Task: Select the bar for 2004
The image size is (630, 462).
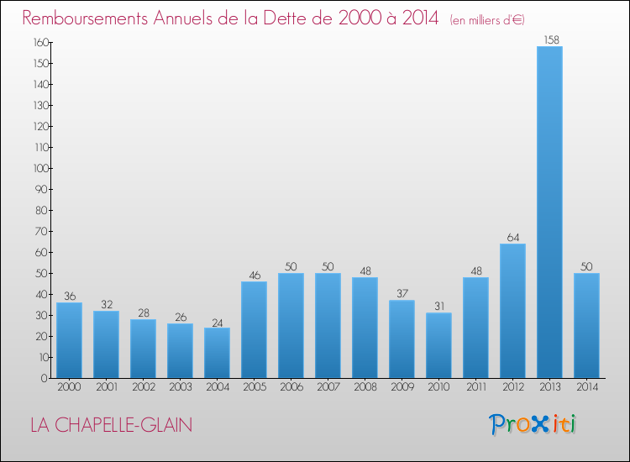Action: (x=217, y=353)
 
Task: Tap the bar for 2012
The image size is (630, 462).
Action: (x=512, y=311)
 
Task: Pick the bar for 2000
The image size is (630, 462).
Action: (x=69, y=340)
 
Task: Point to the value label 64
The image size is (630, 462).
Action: (x=512, y=237)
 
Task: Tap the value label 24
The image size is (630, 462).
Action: (x=217, y=321)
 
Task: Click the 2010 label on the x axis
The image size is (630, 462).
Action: (x=438, y=386)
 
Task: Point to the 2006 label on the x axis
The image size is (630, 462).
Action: (x=291, y=386)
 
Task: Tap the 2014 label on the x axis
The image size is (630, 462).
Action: (x=586, y=386)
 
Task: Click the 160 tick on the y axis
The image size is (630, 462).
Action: (x=39, y=42)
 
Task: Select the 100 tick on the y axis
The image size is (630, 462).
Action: (x=39, y=168)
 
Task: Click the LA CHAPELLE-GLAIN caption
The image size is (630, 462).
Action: (x=111, y=425)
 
